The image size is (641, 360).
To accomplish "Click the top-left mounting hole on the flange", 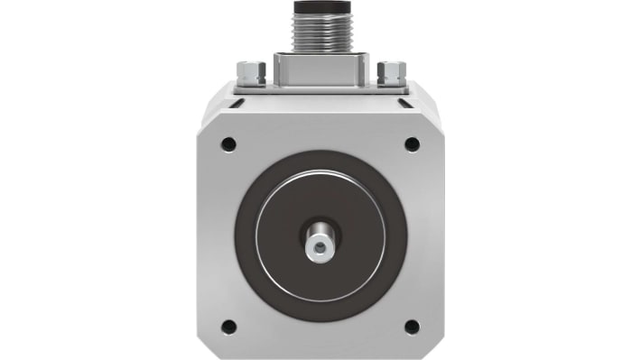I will tap(228, 143).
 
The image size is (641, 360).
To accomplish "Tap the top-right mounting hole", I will tap(412, 143).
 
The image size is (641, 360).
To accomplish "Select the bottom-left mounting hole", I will tap(228, 327).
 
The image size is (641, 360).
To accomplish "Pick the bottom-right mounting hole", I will tap(412, 327).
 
